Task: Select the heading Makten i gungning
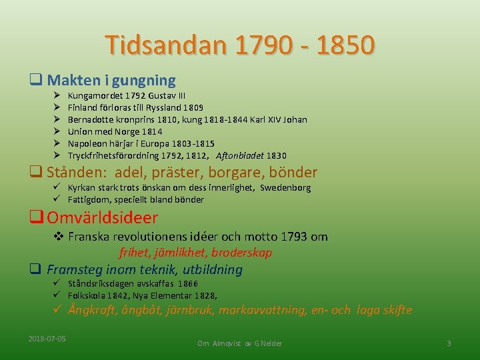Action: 111,81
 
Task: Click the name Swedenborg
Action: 285,188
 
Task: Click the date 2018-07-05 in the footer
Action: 47,339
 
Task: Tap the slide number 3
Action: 449,343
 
